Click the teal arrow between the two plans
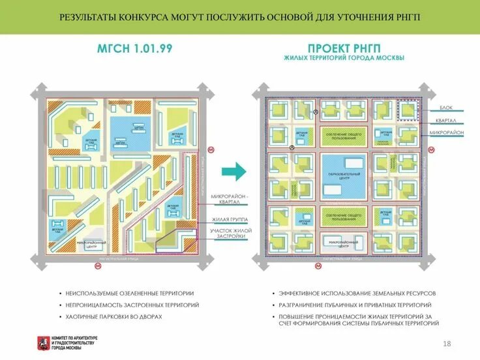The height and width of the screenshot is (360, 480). pos(234,172)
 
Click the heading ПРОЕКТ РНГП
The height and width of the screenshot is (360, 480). pos(344,48)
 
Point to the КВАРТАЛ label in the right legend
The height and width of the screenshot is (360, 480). pos(446,120)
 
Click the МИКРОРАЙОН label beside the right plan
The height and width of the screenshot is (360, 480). pos(446,133)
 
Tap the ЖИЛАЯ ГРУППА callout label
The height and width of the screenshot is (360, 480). pos(228,220)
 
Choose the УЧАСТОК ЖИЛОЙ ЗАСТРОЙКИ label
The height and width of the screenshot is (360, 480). pos(228,233)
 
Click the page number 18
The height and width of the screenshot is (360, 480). pos(447,344)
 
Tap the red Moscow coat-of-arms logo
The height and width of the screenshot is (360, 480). pos(42,342)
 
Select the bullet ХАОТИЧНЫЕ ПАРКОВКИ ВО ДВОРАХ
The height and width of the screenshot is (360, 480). pos(113,316)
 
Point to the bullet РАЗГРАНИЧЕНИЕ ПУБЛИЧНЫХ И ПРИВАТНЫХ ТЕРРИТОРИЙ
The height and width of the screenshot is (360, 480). pos(354,305)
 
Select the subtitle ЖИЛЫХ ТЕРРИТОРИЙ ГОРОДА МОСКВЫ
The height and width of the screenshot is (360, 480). pos(344,58)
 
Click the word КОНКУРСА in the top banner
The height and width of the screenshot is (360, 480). pos(146,17)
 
